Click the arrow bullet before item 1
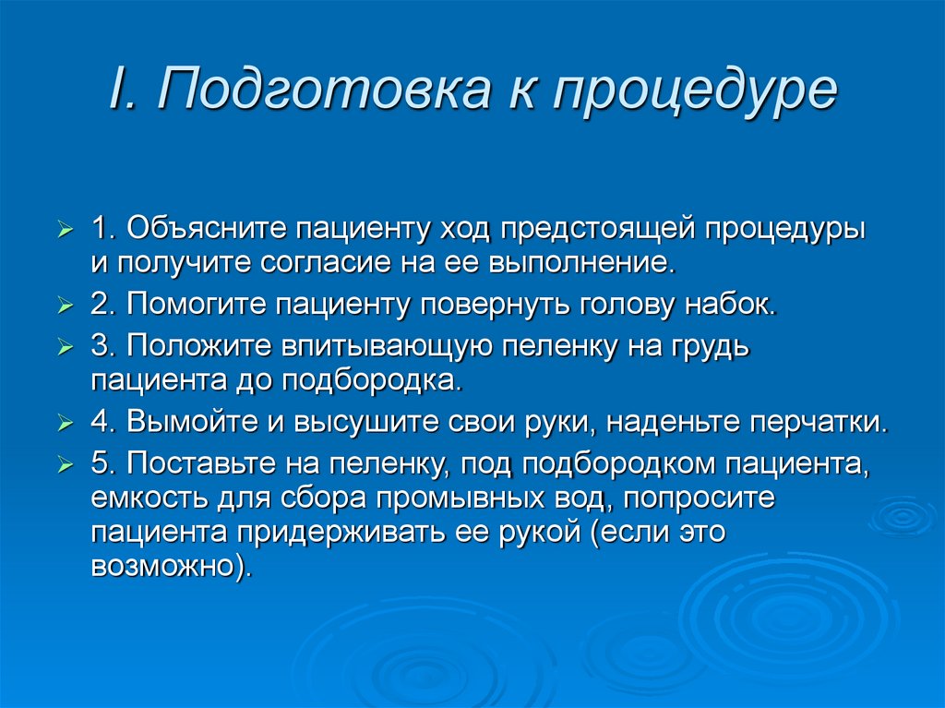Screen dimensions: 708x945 [x=64, y=228]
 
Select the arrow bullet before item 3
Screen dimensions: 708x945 [x=64, y=348]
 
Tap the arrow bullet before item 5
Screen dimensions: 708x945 [x=64, y=465]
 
